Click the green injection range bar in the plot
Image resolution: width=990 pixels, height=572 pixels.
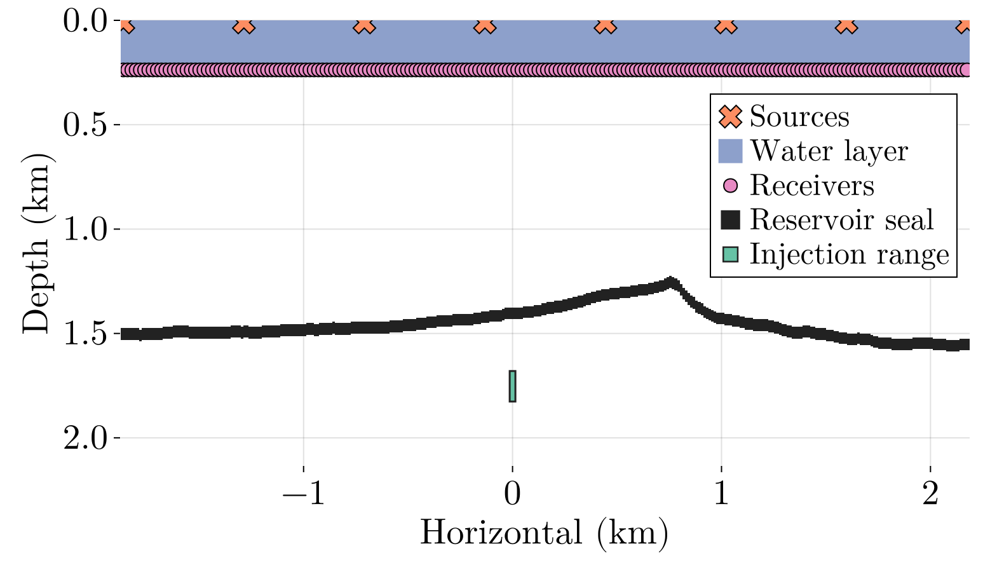pos(513,386)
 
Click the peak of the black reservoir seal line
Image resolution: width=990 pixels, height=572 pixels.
pos(670,282)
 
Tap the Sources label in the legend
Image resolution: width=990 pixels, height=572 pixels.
pos(799,116)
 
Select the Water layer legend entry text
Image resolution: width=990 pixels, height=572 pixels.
pos(829,151)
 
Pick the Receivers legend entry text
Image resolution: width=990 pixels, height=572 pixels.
pos(812,186)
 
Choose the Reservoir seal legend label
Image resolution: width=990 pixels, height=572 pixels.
pos(841,220)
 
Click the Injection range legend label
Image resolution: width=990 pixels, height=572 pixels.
pos(849,254)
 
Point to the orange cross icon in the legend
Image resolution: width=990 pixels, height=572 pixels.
pos(731,116)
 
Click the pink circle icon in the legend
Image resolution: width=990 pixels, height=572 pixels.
pos(731,186)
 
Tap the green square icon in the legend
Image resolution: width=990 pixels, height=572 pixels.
pos(731,254)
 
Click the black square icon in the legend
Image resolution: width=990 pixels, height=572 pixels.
pos(731,220)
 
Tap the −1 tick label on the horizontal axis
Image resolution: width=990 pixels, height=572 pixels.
pos(304,494)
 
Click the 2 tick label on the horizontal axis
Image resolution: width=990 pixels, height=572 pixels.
pos(930,494)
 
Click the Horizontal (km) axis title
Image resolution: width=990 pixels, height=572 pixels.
pos(544,533)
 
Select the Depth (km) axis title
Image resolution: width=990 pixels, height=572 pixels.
pos(36,242)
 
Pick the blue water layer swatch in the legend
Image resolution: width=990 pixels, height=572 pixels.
pos(731,151)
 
